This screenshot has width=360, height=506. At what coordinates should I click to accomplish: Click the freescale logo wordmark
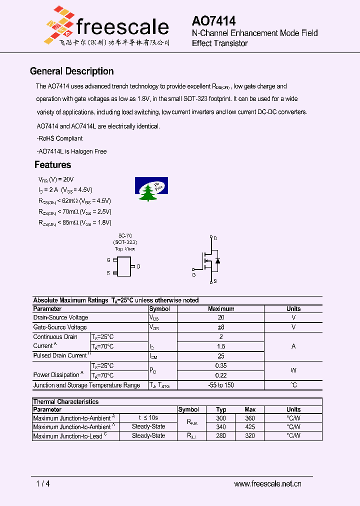(x=122, y=26)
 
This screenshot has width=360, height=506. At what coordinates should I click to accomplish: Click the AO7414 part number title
(x=213, y=20)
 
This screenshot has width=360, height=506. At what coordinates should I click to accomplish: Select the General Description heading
(x=71, y=71)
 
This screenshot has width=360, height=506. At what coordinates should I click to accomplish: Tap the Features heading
(x=52, y=164)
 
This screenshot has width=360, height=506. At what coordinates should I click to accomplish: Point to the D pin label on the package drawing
(x=138, y=266)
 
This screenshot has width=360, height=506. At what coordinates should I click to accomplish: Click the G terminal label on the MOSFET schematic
(x=194, y=274)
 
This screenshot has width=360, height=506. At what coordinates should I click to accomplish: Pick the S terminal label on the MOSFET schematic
(x=215, y=281)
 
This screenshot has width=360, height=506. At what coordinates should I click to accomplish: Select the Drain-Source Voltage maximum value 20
(x=221, y=317)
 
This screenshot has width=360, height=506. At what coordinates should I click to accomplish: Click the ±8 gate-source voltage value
(x=221, y=327)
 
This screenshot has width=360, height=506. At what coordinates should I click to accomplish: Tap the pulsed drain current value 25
(x=221, y=356)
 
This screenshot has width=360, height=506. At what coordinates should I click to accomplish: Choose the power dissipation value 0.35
(x=221, y=365)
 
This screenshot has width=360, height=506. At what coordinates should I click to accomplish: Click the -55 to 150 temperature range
(x=221, y=385)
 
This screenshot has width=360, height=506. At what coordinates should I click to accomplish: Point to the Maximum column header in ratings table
(x=221, y=309)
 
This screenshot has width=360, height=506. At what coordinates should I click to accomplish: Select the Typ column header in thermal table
(x=221, y=409)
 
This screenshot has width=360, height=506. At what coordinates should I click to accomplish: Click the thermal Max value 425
(x=250, y=427)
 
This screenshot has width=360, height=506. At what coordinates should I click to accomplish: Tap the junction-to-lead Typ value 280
(x=221, y=436)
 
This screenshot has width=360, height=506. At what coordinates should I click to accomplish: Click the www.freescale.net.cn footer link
(x=267, y=483)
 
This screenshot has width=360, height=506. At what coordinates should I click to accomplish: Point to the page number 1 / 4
(x=43, y=483)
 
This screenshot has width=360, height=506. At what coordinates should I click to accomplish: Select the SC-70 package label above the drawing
(x=125, y=235)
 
